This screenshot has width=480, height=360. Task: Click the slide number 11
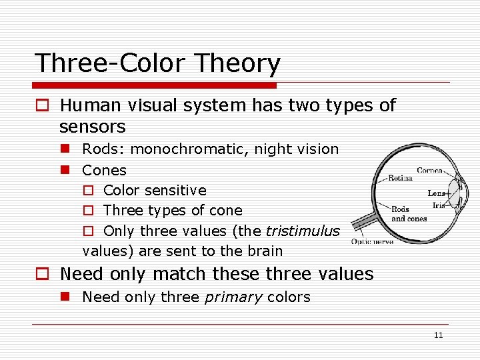click(x=438, y=335)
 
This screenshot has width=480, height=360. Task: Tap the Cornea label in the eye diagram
click(x=430, y=171)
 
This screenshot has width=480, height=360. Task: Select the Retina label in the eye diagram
click(x=400, y=178)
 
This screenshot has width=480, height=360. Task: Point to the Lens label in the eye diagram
click(x=436, y=193)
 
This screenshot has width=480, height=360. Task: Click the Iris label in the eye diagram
click(x=439, y=205)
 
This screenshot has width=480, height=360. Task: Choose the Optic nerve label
click(x=372, y=241)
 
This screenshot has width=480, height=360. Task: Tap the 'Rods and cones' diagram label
click(x=409, y=214)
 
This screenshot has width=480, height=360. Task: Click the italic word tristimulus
click(x=303, y=231)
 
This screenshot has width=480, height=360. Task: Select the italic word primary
click(x=233, y=297)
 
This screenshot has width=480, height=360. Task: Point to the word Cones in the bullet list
click(x=104, y=170)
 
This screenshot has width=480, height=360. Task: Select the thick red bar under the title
click(x=155, y=85)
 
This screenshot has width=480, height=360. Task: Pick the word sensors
click(x=92, y=126)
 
